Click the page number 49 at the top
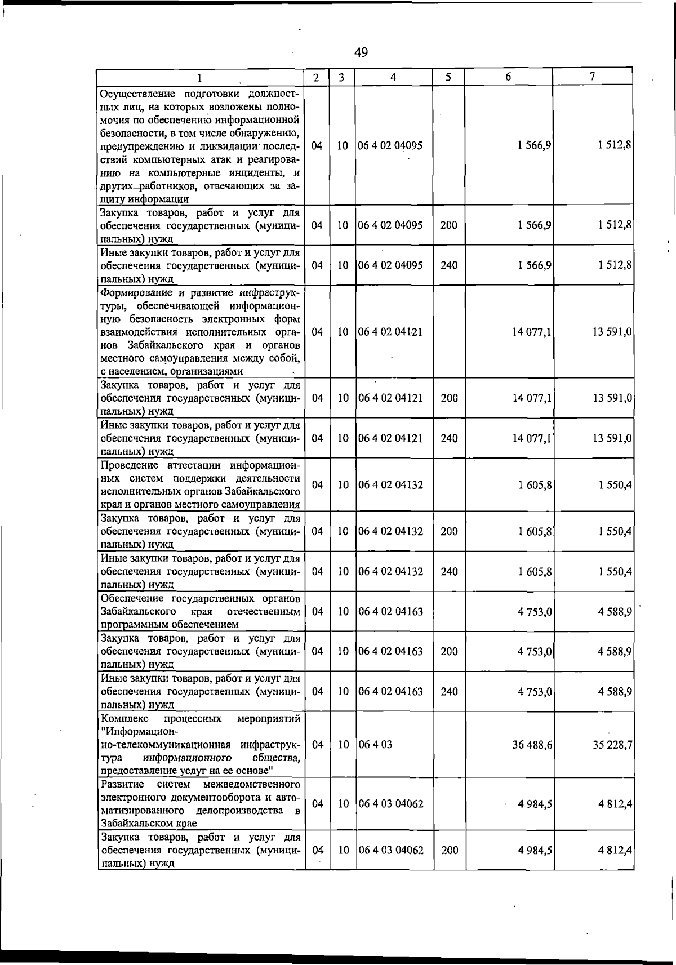361,52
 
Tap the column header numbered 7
593,77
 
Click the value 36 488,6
532,744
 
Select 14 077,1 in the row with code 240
532,438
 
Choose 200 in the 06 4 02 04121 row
449,398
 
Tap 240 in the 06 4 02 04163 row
449,691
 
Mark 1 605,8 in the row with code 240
535,571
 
